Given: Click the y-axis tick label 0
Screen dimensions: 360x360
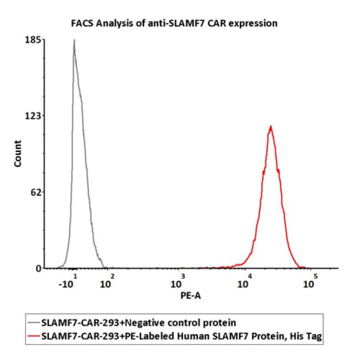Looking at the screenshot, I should click(38, 269).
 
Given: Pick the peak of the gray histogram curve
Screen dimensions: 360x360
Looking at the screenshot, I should click(74, 40).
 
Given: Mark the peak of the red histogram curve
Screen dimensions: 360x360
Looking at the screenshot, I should click(271, 126).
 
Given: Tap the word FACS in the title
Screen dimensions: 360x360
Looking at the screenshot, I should click(81, 23).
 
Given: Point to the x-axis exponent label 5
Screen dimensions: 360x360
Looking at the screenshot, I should click(315, 276).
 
